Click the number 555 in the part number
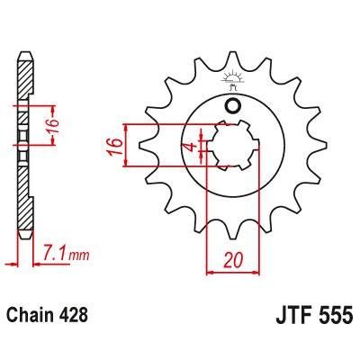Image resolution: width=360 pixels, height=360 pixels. [332, 318]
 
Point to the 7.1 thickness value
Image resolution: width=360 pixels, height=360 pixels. [51, 256]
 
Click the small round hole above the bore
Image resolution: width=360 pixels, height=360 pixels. [233, 107]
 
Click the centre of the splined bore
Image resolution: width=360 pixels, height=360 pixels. [233, 146]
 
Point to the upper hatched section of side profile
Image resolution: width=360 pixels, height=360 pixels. [25, 81]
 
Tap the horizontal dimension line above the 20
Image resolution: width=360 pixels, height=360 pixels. [232, 268]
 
